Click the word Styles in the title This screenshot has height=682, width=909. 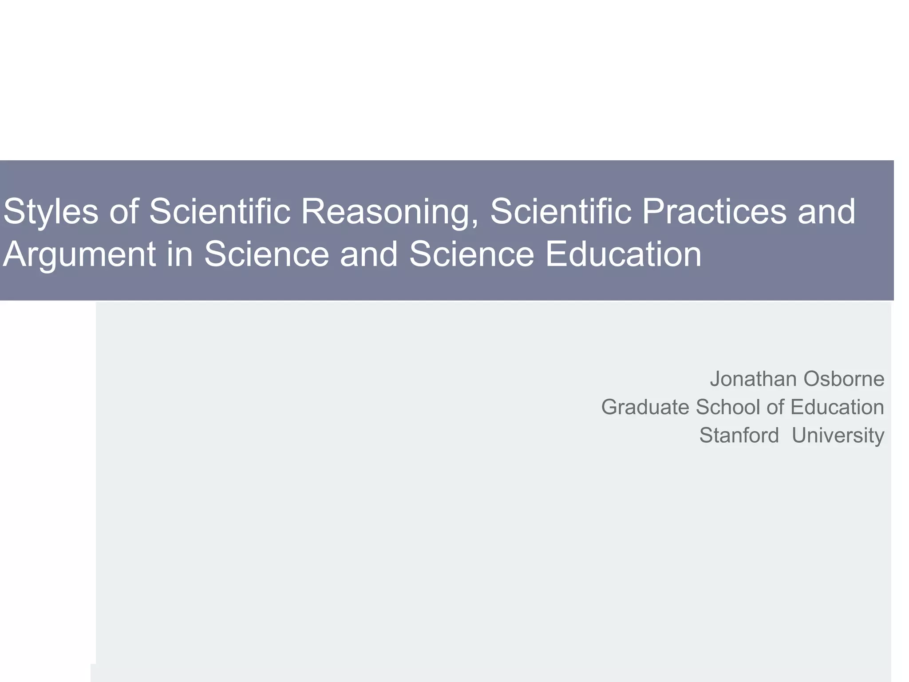(x=50, y=211)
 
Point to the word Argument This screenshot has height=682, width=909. (x=79, y=254)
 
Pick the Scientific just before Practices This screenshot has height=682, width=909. (x=561, y=211)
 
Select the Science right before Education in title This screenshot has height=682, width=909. (x=471, y=254)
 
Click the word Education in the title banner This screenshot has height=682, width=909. (x=623, y=254)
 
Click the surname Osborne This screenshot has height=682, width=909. (x=844, y=379)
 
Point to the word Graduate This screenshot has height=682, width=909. (x=645, y=407)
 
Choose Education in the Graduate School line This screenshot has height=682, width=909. (x=837, y=407)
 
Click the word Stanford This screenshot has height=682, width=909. (x=739, y=435)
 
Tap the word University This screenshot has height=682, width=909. (x=838, y=435)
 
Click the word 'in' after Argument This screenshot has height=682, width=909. (x=180, y=254)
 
